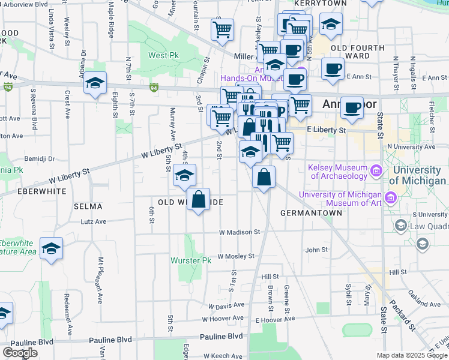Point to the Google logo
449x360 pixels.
click(20, 353)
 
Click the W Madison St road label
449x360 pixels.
click(239, 232)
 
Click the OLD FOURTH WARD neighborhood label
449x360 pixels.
click(349, 52)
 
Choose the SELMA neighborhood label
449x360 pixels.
click(88, 206)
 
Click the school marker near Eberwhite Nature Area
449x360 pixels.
click(52, 248)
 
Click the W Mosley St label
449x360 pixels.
click(236, 256)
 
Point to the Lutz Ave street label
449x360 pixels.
click(93, 221)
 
